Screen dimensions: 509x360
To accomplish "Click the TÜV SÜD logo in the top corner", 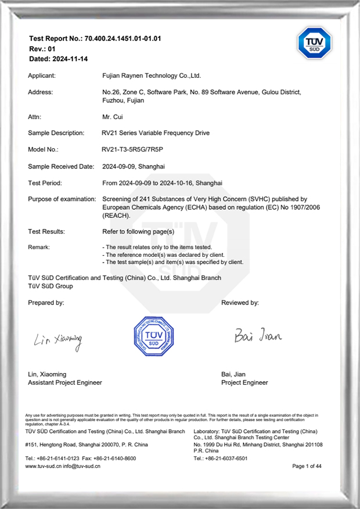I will (314, 43).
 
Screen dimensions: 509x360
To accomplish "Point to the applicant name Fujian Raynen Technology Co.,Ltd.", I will (151, 76).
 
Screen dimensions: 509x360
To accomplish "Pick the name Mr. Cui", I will (111, 117).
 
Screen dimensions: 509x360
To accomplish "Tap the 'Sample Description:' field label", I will (56, 133).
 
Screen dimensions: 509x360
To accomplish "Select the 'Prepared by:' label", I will (46, 303).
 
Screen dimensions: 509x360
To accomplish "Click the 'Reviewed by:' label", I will (240, 303).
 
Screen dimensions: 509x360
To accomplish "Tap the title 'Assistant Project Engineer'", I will (65, 382).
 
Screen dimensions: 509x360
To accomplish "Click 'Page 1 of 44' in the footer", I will (307, 466).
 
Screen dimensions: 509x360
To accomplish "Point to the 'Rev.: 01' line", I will (42, 49).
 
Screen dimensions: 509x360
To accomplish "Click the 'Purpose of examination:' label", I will (62, 199).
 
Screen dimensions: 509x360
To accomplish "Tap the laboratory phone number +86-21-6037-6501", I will (229, 458).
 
